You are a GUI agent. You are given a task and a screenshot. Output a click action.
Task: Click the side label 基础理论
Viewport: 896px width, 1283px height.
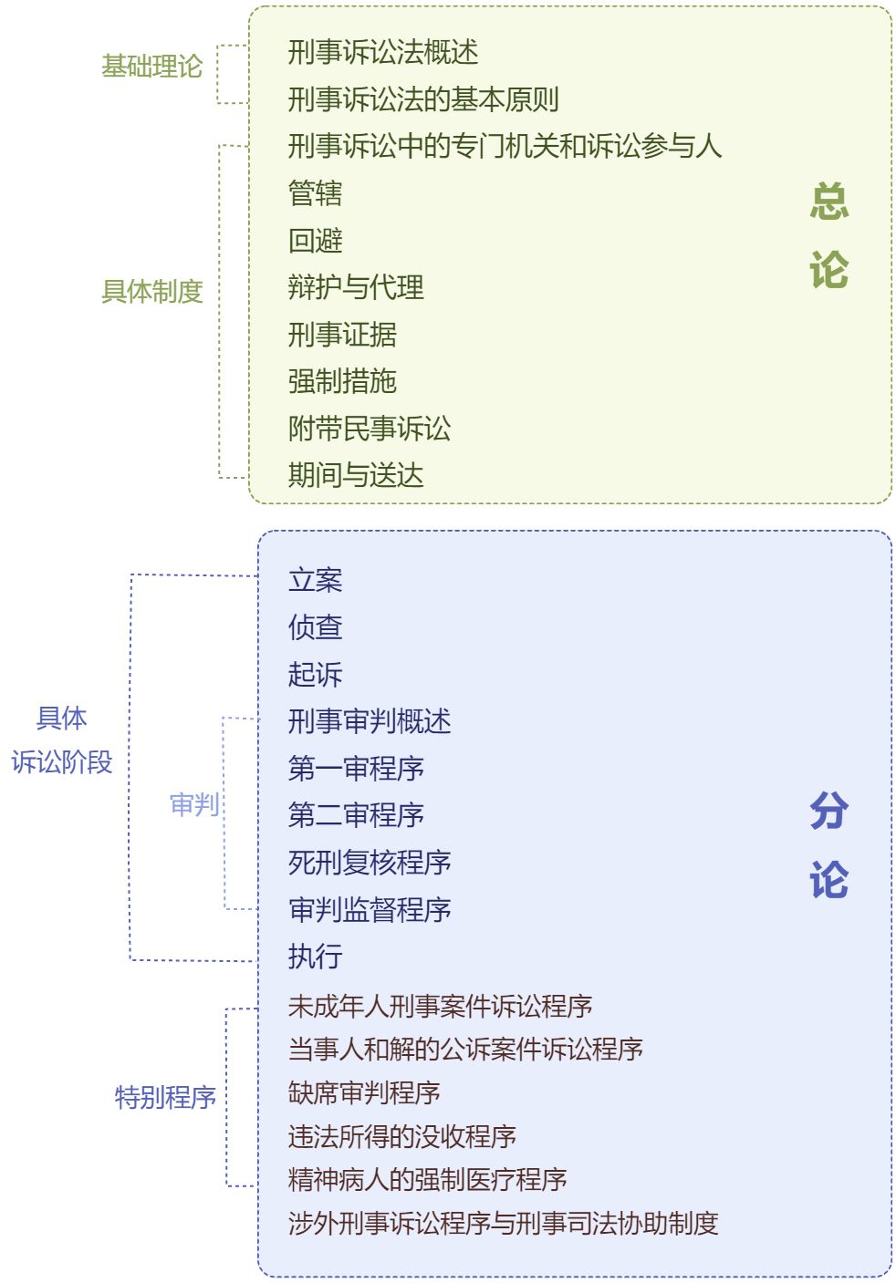151,67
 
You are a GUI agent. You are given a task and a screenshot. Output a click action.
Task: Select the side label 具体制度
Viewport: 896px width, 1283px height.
151,292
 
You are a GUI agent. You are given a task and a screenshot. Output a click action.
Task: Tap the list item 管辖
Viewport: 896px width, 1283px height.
315,193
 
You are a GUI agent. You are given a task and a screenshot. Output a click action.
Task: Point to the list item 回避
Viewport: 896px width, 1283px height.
315,241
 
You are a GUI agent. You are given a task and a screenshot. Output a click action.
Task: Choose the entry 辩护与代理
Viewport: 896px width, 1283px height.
356,287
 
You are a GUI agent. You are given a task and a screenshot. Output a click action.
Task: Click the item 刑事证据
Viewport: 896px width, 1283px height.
342,335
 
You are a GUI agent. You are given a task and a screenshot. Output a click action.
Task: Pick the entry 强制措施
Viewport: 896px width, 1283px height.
342,381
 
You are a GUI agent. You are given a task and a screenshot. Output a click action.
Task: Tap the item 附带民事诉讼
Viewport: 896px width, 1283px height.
370,429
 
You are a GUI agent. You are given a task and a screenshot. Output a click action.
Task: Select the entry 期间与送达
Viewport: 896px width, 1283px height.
356,475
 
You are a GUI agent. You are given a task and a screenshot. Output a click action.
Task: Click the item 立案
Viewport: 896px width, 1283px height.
315,580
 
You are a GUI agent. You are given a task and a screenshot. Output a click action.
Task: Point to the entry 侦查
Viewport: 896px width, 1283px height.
315,627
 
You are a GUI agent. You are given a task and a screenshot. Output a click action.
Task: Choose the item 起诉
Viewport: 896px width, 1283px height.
315,675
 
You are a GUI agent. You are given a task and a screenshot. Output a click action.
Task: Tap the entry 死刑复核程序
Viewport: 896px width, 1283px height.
370,863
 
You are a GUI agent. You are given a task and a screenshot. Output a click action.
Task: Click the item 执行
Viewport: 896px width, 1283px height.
315,957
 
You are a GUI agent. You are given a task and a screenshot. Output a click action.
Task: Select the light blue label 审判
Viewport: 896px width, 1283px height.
194,804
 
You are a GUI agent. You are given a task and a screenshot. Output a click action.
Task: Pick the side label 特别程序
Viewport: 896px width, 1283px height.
165,1097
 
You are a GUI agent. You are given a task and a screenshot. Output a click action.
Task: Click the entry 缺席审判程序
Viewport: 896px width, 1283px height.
364,1092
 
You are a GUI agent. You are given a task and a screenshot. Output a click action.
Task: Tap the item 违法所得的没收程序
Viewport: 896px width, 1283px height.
402,1136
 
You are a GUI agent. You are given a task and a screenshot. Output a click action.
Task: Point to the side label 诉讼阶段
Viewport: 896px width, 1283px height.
62,762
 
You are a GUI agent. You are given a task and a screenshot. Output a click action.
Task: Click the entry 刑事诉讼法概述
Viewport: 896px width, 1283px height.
383,53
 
